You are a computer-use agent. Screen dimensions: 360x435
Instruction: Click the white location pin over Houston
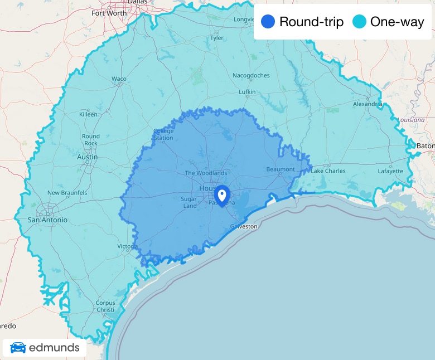coord(222,195)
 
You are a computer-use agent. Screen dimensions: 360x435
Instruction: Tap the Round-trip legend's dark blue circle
coord(268,22)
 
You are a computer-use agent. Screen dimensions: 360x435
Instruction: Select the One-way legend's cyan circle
coord(360,22)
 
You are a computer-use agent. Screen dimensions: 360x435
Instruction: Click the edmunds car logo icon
coord(18,348)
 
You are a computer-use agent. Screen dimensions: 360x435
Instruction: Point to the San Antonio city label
coord(47,220)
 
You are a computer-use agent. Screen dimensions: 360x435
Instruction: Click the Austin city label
coord(87,157)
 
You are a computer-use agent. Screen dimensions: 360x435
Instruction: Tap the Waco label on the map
coord(119,79)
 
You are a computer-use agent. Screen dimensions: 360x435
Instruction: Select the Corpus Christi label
coord(105,307)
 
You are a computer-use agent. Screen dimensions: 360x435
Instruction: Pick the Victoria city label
coord(127,246)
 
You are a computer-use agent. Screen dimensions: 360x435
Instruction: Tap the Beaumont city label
coord(281,169)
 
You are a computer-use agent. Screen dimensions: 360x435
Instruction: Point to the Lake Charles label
coord(328,171)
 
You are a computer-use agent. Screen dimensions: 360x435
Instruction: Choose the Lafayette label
coord(390,171)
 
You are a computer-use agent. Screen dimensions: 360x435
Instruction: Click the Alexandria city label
coord(367,104)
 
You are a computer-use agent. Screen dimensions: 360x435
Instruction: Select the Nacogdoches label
coord(251,75)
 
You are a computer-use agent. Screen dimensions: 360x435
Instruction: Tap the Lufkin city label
coord(246,92)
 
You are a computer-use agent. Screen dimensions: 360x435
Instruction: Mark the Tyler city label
coord(216,38)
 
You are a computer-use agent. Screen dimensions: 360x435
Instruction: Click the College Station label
coord(163,135)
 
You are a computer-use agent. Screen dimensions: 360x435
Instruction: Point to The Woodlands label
coord(206,173)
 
